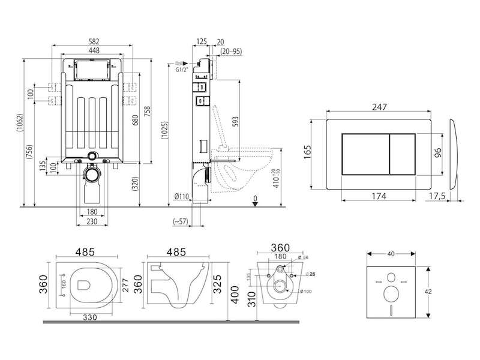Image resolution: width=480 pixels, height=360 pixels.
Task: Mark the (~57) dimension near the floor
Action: (x=180, y=221)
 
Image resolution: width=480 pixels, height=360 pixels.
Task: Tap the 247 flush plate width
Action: (x=379, y=107)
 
